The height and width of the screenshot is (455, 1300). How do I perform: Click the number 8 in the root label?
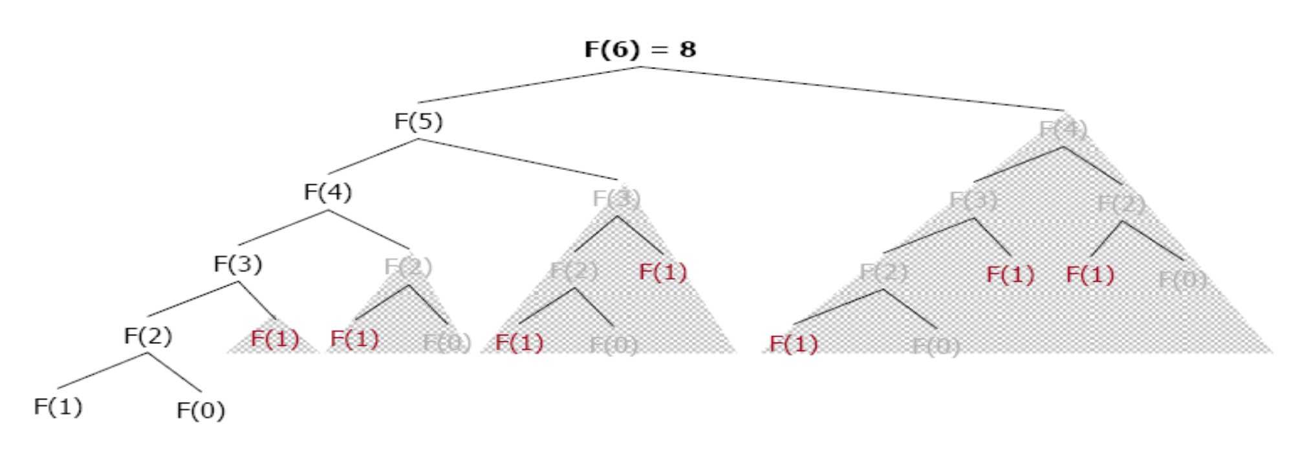coord(688,49)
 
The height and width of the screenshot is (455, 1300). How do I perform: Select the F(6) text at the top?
coord(612,49)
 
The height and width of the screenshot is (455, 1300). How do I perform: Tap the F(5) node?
coord(418,121)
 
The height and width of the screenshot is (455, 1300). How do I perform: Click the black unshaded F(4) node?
coord(328,192)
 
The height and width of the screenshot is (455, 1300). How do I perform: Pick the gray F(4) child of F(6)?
coord(1063,129)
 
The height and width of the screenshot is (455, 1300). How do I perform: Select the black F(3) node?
coord(237,264)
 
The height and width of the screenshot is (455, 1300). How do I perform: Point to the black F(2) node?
coord(147,335)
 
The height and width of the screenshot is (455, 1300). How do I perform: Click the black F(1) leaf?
coord(58,407)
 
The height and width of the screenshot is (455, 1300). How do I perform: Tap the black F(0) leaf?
coord(200,410)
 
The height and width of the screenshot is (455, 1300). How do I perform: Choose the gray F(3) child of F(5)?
coord(616,198)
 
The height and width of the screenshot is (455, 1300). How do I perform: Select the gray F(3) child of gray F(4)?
coord(973,200)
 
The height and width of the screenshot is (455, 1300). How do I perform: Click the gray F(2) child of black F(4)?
coord(407,266)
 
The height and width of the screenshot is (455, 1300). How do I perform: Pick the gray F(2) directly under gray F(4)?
coord(1121,204)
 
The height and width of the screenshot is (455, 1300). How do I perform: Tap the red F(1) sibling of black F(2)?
coord(275,339)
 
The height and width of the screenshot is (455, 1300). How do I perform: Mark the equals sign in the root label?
coord(658,49)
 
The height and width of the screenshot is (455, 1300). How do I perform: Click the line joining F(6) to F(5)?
coord(529,85)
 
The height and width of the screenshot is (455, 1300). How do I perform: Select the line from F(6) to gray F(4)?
coord(851,89)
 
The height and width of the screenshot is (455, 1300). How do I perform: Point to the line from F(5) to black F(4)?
coord(373,156)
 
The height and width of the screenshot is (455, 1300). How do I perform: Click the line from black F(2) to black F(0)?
coord(175,372)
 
